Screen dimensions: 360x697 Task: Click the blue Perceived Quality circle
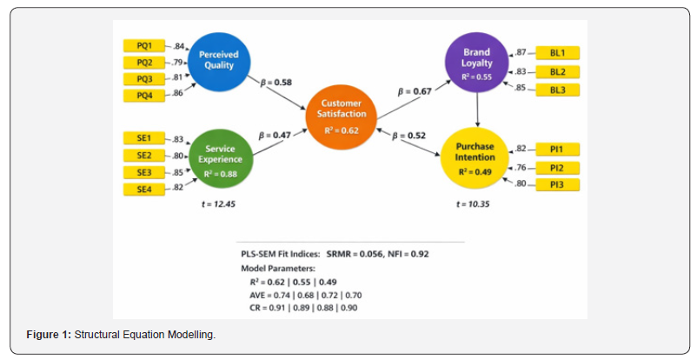pyautogui.click(x=219, y=61)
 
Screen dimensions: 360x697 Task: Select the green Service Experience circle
pyautogui.click(x=220, y=155)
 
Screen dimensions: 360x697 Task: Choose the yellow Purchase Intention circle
pyautogui.click(x=475, y=157)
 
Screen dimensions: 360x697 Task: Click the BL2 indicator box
pyautogui.click(x=558, y=71)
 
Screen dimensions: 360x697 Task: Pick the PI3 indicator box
pyautogui.click(x=558, y=184)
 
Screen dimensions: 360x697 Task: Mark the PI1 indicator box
pyautogui.click(x=558, y=150)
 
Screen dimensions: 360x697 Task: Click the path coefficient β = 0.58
pyautogui.click(x=275, y=83)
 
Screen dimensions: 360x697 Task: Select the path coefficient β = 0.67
pyautogui.click(x=416, y=90)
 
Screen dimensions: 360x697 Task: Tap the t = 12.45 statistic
pyautogui.click(x=217, y=203)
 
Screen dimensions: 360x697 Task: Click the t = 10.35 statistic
pyautogui.click(x=475, y=203)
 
